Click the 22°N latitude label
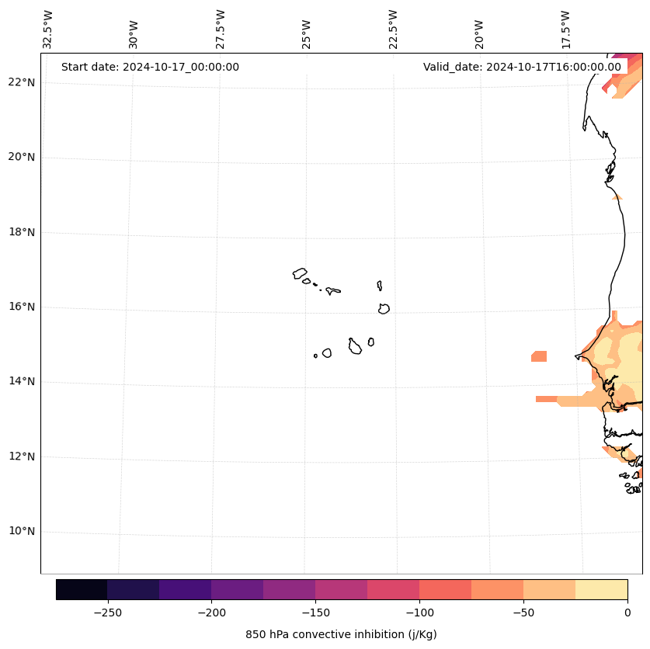[22, 82]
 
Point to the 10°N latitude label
[22, 531]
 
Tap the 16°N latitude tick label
[22, 307]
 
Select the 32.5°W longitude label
[48, 29]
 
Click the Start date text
[150, 67]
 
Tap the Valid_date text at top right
[522, 67]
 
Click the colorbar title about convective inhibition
[341, 634]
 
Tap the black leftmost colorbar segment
[82, 589]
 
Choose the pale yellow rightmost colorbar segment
[601, 589]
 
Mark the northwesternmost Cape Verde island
[300, 273]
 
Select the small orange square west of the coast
[539, 356]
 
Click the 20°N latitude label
[22, 157]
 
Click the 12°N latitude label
[22, 456]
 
